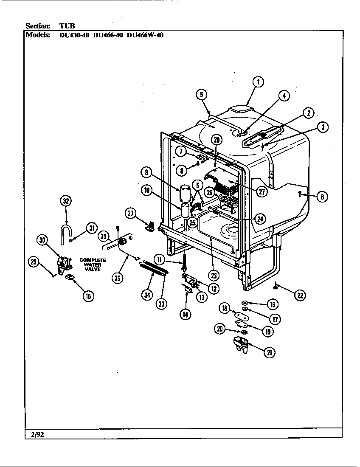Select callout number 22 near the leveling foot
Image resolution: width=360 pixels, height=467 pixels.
[301, 295]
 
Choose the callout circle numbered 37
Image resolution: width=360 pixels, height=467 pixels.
[132, 214]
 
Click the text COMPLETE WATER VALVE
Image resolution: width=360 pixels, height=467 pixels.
[92, 265]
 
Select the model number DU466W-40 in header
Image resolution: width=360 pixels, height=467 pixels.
[145, 35]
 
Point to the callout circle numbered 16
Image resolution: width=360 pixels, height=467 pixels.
[272, 304]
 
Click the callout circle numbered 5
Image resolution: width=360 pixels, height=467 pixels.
[202, 95]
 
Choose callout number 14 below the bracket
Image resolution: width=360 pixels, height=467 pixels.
[185, 315]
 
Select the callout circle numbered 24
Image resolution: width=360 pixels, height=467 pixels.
[260, 219]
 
